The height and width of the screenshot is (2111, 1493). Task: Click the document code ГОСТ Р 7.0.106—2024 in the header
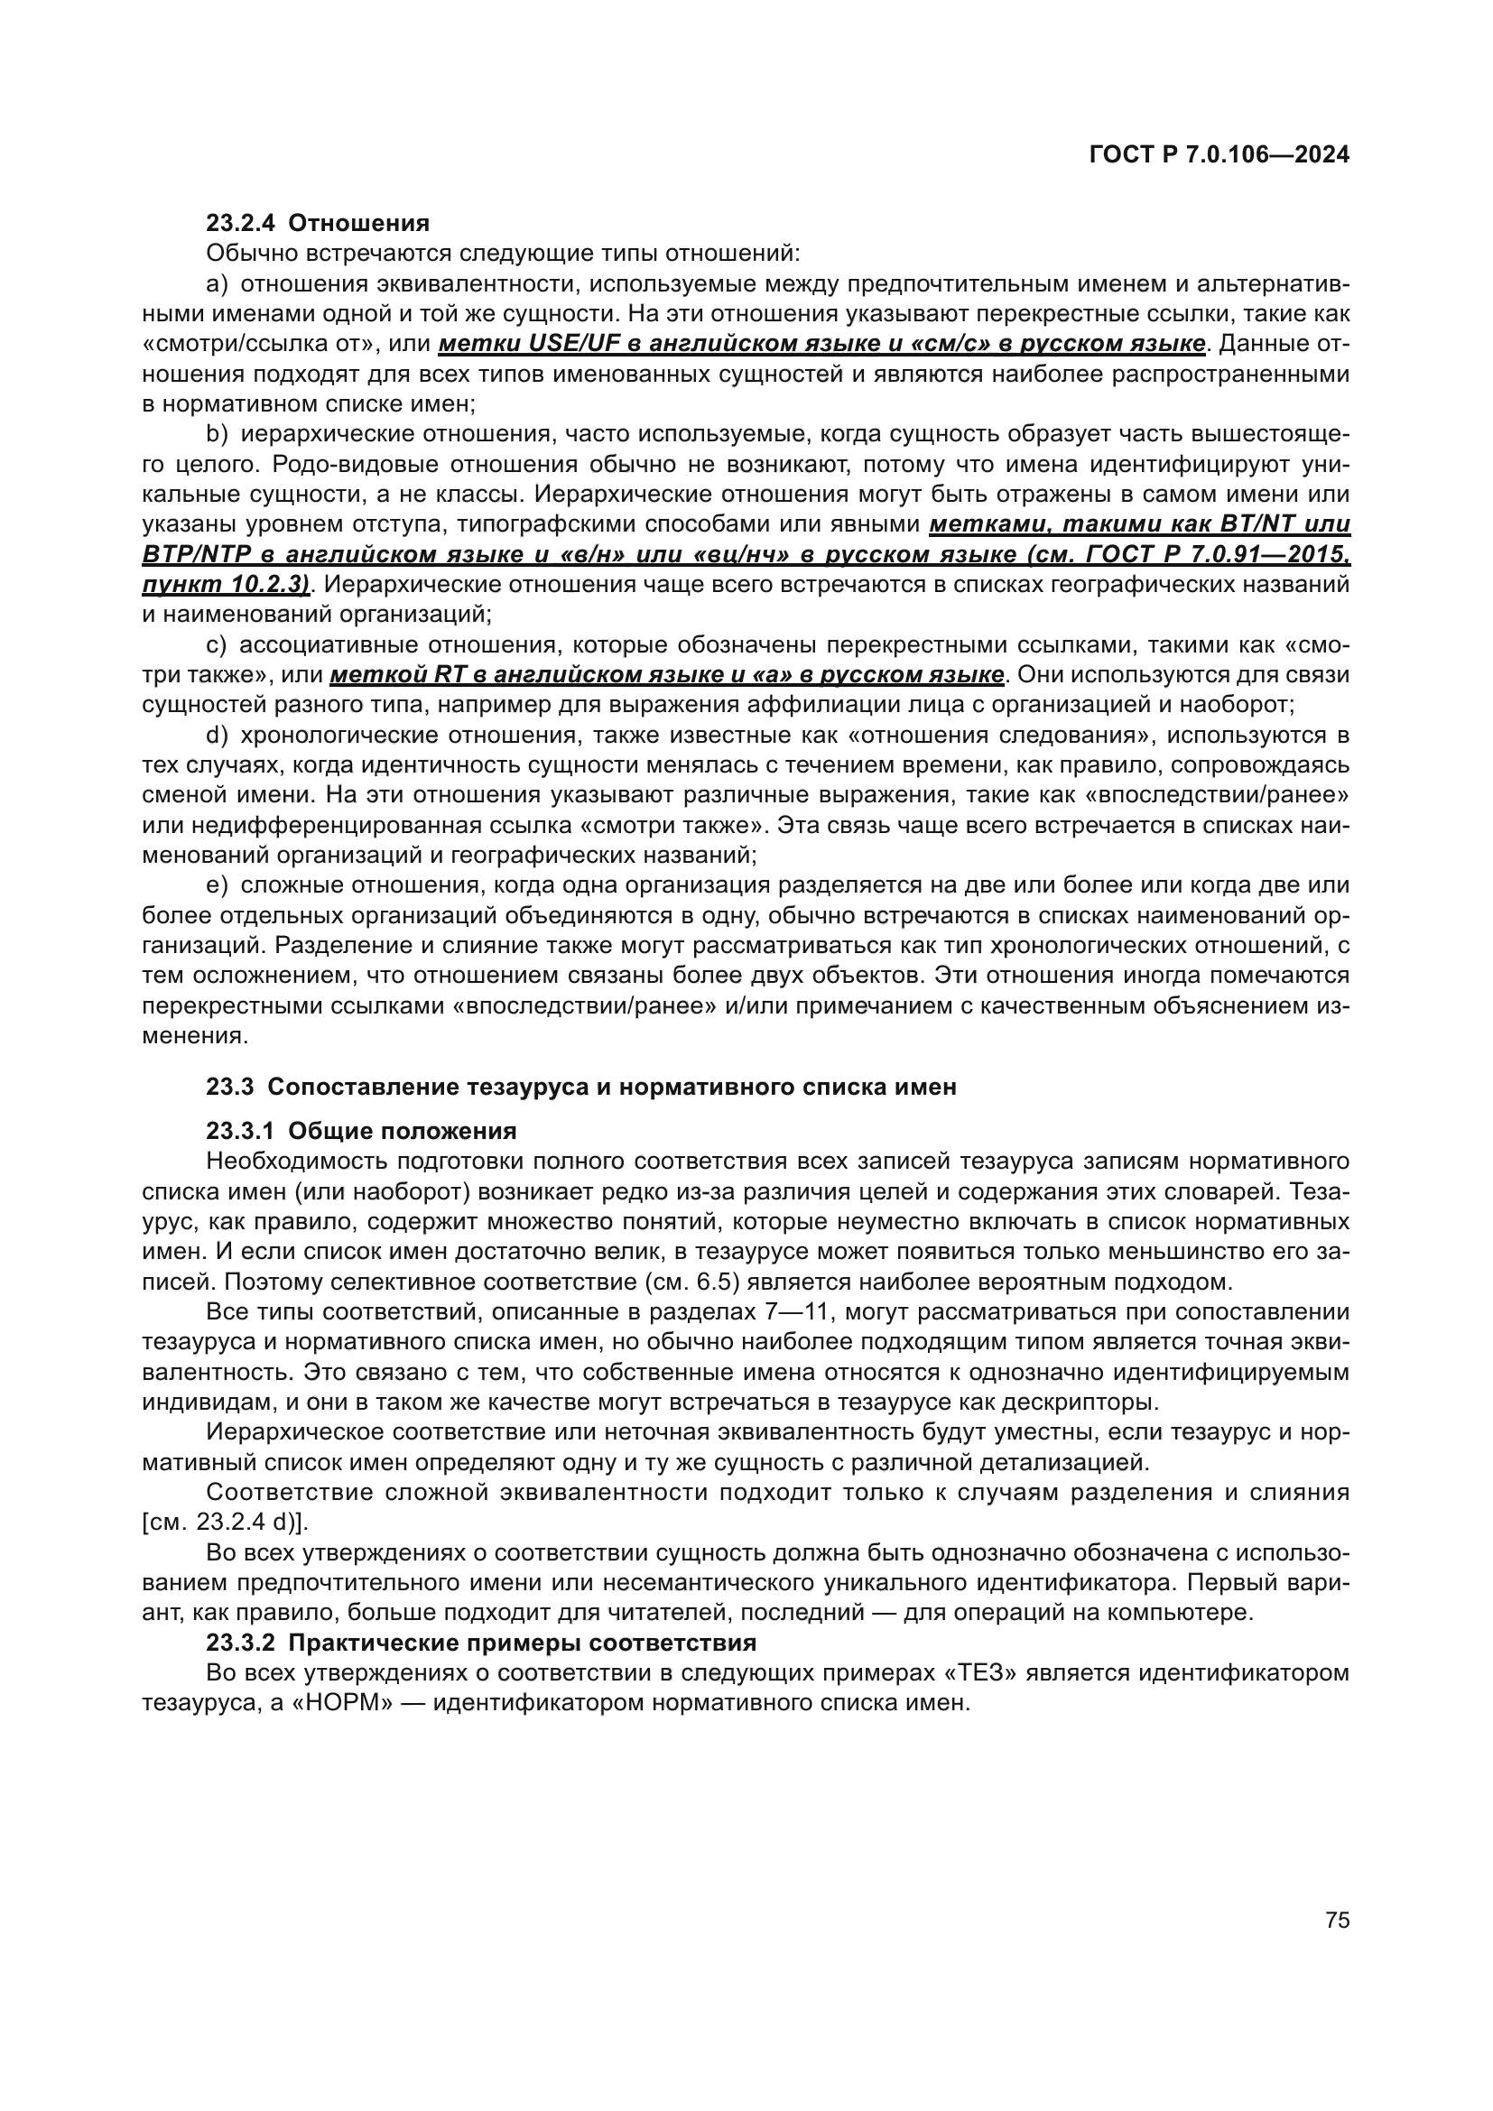click(x=1219, y=155)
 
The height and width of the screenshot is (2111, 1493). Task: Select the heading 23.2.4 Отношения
click(x=318, y=224)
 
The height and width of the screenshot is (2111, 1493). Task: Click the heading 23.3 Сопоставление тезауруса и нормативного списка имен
click(x=581, y=1087)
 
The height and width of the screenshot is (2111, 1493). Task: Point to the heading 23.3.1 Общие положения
click(x=361, y=1130)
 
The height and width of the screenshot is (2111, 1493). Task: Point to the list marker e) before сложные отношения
click(x=217, y=885)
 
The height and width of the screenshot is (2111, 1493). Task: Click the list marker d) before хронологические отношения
click(x=217, y=736)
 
